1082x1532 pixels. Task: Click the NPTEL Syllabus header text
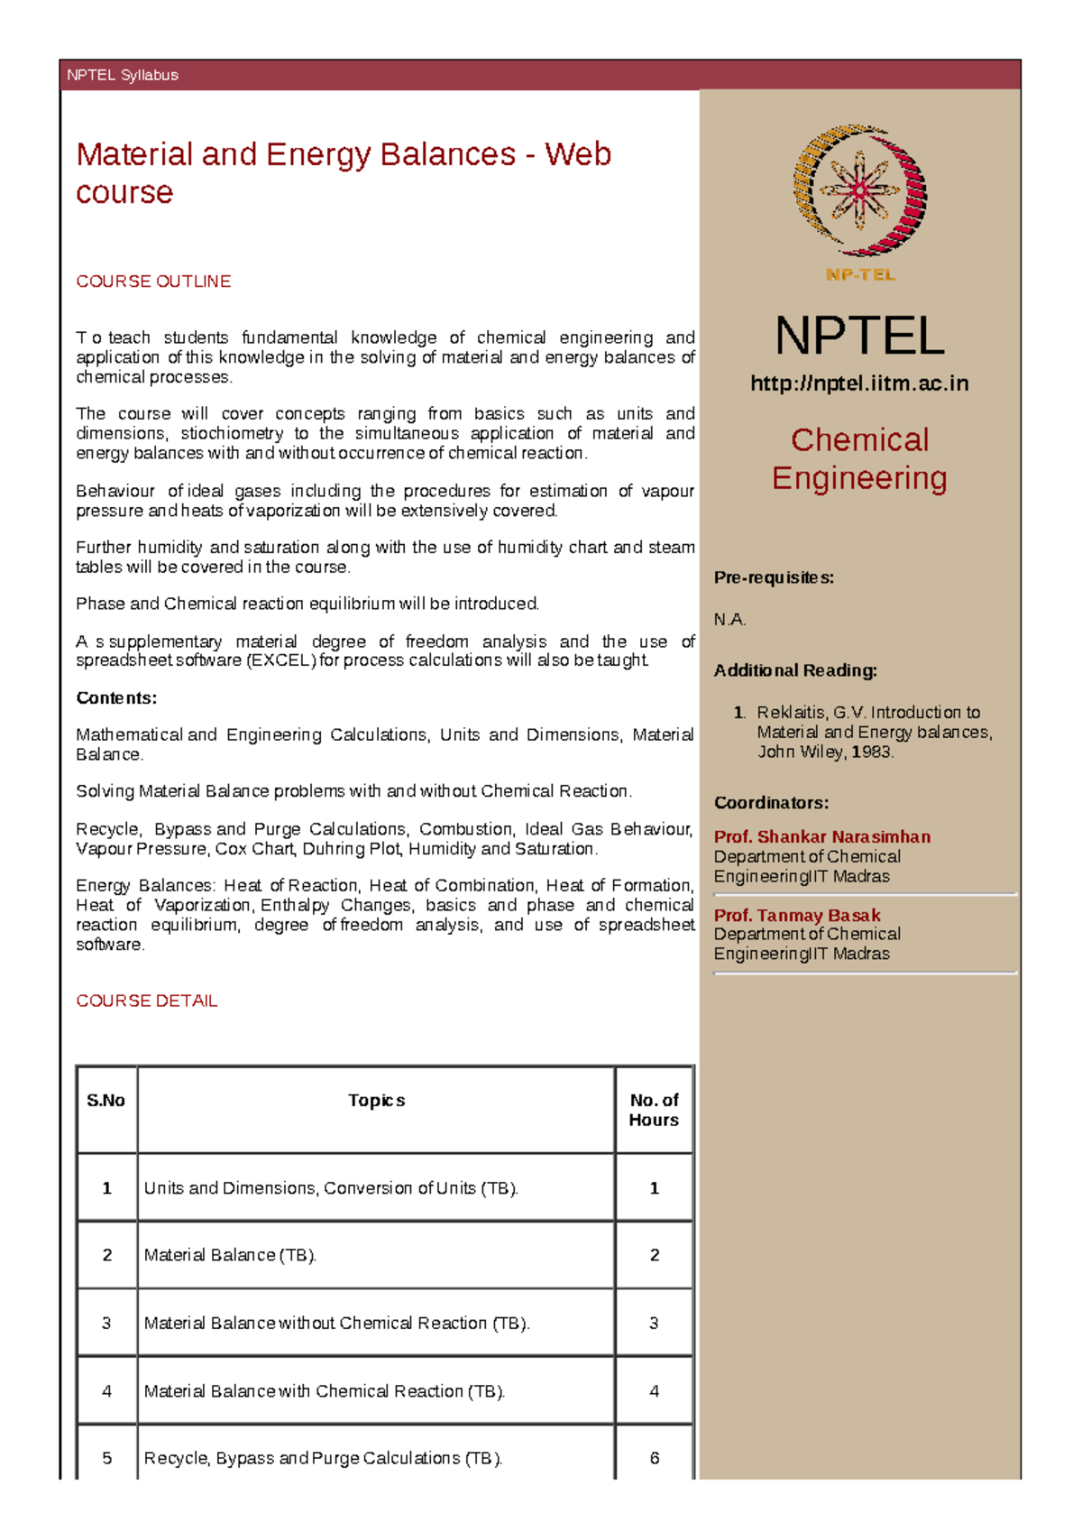tap(123, 75)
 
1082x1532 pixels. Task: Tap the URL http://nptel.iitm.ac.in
tap(859, 383)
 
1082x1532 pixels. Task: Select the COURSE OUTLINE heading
tap(153, 281)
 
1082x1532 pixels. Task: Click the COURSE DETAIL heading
tap(147, 1001)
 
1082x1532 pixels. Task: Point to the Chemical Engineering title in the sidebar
tap(859, 458)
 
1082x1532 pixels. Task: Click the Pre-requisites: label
tap(774, 577)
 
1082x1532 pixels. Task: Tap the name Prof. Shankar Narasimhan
tap(822, 837)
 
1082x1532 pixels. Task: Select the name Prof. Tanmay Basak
tap(797, 915)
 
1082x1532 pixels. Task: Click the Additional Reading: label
tap(795, 670)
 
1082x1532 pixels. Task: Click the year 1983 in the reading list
tap(872, 752)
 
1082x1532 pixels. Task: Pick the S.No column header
tap(106, 1101)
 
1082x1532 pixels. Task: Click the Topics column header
tap(377, 1101)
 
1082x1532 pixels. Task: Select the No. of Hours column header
tap(654, 1110)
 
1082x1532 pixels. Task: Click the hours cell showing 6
tap(655, 1458)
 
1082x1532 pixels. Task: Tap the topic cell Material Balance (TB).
tap(230, 1255)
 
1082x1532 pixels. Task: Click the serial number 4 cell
tap(106, 1391)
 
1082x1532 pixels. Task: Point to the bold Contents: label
tap(116, 697)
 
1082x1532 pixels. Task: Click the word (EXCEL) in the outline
tap(280, 660)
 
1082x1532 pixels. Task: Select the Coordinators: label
tap(771, 803)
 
